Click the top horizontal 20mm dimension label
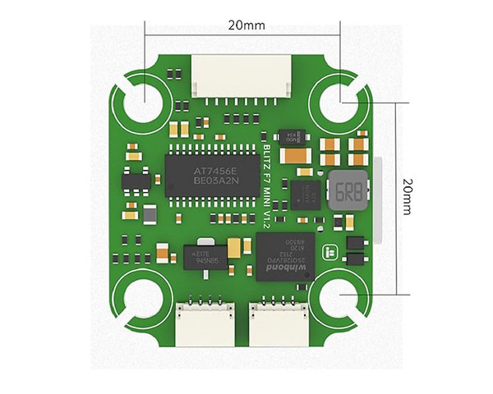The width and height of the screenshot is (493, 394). pos(244,25)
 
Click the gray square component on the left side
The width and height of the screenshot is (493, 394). pos(150,213)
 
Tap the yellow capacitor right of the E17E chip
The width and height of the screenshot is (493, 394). pos(236,246)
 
